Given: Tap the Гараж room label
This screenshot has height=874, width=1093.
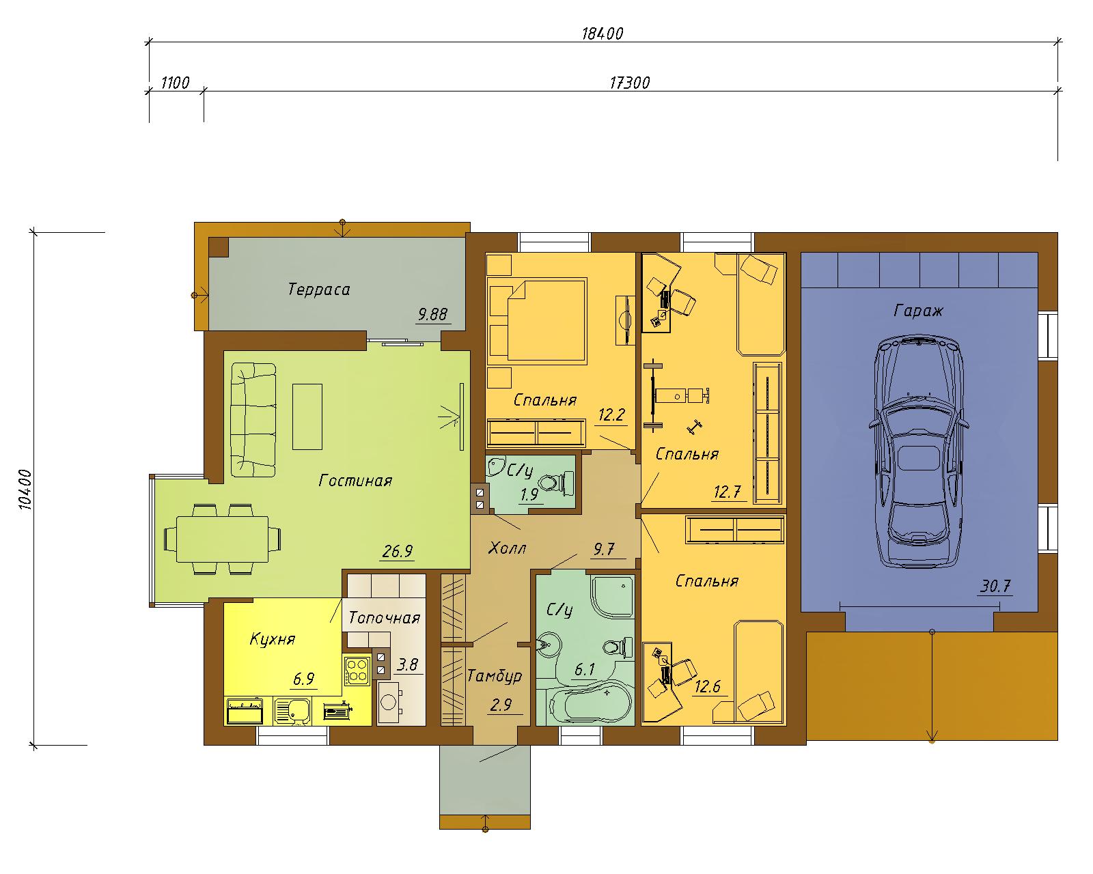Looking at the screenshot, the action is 917,310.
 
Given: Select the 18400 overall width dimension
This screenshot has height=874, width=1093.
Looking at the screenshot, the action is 603,33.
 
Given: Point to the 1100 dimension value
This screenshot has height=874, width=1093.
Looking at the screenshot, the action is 176,82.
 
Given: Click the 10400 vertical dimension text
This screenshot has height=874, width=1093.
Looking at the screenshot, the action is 25,489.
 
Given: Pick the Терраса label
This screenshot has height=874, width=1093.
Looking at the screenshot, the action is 319,290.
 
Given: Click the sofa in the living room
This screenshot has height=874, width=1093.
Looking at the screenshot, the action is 253,419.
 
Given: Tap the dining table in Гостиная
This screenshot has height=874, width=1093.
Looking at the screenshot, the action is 223,539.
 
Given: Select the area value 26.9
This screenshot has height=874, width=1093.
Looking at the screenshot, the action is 397,550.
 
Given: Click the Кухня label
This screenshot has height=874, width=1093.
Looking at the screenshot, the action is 273,639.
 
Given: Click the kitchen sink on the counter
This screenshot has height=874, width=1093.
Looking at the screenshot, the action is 292,710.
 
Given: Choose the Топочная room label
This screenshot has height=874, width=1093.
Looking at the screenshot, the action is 385,617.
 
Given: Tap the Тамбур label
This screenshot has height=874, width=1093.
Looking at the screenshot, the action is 494,676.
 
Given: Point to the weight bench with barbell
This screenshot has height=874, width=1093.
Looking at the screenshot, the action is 677,395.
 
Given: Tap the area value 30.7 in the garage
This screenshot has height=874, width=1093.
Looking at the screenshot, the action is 995,586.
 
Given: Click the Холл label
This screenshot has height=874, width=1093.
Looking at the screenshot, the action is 507,548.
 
